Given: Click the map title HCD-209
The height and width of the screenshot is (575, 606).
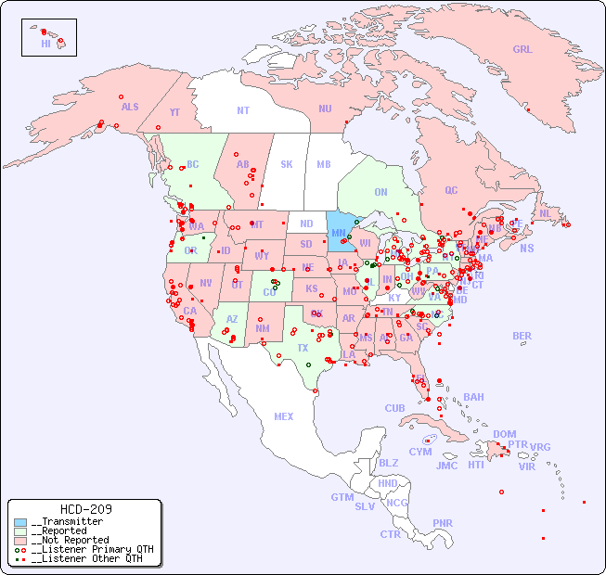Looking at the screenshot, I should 86,509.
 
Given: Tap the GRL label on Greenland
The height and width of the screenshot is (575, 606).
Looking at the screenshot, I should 522,50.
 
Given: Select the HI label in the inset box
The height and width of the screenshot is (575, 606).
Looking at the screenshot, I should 45,44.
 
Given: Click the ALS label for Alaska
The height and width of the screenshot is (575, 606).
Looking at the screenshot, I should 130,107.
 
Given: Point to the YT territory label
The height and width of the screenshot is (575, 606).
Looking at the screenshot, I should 174,112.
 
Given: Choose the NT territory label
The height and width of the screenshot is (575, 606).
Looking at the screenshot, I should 243,110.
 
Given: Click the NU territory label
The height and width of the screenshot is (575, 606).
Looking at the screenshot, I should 325,109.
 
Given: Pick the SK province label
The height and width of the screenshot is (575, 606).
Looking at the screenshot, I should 287,164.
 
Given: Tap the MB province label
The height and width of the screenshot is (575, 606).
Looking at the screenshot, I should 324,164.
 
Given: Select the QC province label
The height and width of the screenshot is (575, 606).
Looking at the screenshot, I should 451,190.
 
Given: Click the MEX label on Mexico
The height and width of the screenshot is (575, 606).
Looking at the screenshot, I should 284,416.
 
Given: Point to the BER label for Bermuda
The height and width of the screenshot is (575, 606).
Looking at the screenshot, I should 522,336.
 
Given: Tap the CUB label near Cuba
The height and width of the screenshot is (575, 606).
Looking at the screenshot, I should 395,408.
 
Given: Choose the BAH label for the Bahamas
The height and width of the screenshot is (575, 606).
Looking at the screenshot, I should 473,397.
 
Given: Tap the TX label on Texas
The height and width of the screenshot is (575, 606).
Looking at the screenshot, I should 303,348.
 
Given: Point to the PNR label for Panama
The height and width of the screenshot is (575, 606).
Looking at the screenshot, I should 443,523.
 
